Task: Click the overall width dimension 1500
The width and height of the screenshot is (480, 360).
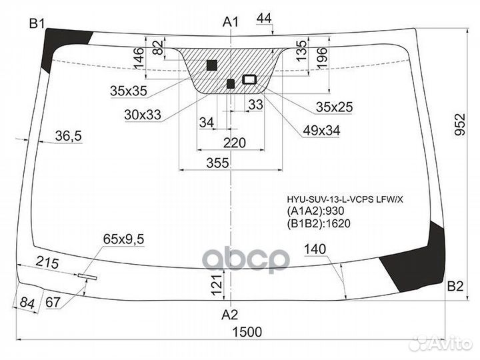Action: pyautogui.click(x=247, y=332)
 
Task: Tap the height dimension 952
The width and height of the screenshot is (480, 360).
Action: pyautogui.click(x=459, y=124)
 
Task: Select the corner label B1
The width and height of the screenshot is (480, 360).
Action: pyautogui.click(x=37, y=23)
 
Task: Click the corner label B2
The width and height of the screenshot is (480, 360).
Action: pyautogui.click(x=455, y=286)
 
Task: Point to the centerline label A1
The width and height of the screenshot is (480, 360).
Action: pyautogui.click(x=231, y=22)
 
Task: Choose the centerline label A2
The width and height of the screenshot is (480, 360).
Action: pyautogui.click(x=229, y=315)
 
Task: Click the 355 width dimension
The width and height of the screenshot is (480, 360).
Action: pyautogui.click(x=217, y=163)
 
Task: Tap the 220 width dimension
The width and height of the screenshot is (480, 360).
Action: pyautogui.click(x=235, y=143)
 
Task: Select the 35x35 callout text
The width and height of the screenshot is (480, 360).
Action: pyautogui.click(x=129, y=91)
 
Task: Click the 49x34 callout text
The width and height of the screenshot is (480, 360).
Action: pyautogui.click(x=321, y=131)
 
